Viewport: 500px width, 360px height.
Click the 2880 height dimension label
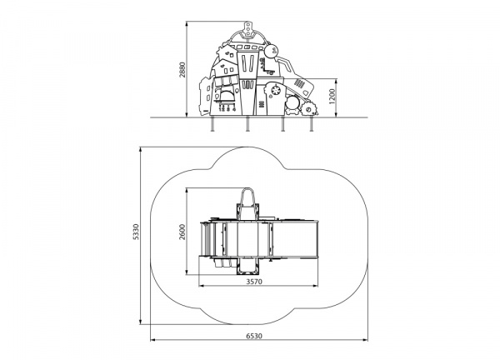pyautogui.click(x=182, y=69)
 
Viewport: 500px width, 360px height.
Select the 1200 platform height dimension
pyautogui.click(x=332, y=97)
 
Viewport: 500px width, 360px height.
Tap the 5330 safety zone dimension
pyautogui.click(x=136, y=232)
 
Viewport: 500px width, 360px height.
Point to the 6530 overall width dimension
pyautogui.click(x=254, y=336)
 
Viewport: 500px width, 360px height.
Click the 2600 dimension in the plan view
pyautogui.click(x=182, y=232)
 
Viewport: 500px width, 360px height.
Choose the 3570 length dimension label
pyautogui.click(x=254, y=282)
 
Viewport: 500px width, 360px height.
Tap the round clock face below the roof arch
pyautogui.click(x=271, y=51)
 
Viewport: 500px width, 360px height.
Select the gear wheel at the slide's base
pyautogui.click(x=309, y=108)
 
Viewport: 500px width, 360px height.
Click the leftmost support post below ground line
pyautogui.click(x=212, y=123)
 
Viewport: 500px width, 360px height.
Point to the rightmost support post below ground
pyautogui.click(x=311, y=123)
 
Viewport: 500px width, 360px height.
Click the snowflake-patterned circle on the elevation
pyautogui.click(x=274, y=91)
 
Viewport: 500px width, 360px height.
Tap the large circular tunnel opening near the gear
pyautogui.click(x=292, y=103)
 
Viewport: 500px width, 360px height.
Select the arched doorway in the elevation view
pyautogui.click(x=227, y=97)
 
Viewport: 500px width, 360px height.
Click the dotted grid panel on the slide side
pyautogui.click(x=299, y=83)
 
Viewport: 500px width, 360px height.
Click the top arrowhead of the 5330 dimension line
pyautogui.click(x=141, y=149)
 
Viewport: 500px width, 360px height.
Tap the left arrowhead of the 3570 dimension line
pyautogui.click(x=201, y=286)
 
